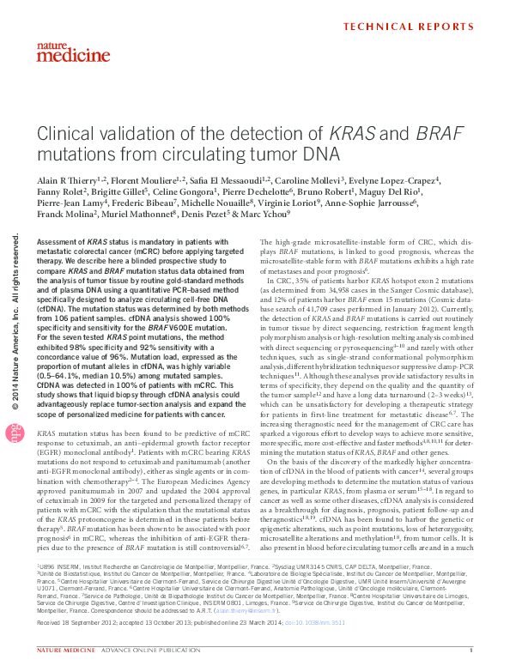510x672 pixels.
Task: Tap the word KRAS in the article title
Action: coord(352,135)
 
